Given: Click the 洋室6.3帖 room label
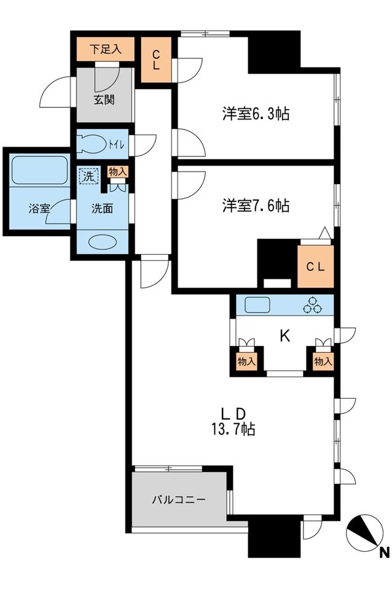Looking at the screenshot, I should (256, 114).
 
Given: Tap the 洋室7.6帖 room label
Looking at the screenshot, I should (256, 206).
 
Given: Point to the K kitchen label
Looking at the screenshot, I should (284, 336).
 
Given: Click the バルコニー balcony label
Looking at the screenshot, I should (179, 499).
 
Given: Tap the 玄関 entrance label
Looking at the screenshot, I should (104, 101).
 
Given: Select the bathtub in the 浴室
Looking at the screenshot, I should (39, 169).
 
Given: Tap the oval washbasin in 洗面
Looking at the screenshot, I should (101, 242).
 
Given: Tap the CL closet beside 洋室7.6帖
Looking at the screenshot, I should (316, 266).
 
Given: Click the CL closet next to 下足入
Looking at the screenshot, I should (156, 60).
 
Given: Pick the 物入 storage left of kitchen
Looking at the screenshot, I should (246, 361).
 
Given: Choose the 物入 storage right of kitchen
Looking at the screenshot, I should (323, 361).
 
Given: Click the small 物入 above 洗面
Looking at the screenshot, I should (117, 172).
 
